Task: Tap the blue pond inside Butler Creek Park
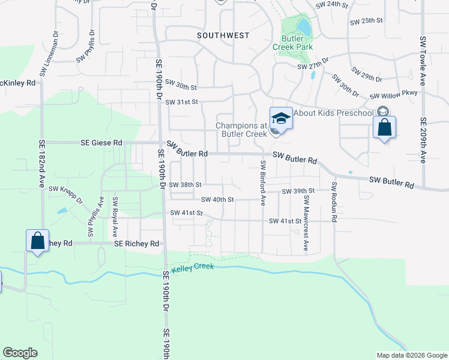(304, 26)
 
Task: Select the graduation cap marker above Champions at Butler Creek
(280, 119)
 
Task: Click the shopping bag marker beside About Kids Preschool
(384, 128)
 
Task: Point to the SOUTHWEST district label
(223, 36)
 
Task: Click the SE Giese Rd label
(101, 143)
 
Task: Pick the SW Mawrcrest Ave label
(306, 223)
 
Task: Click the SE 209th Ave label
(423, 140)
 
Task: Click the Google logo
(20, 353)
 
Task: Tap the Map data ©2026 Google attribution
(411, 355)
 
